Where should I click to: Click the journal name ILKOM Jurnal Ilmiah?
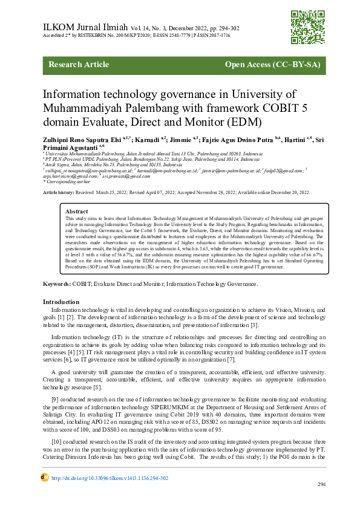pyautogui.click(x=85, y=27)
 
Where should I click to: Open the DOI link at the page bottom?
pyautogui.click(x=110, y=478)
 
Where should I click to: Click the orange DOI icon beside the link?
pyautogui.click(x=44, y=478)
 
